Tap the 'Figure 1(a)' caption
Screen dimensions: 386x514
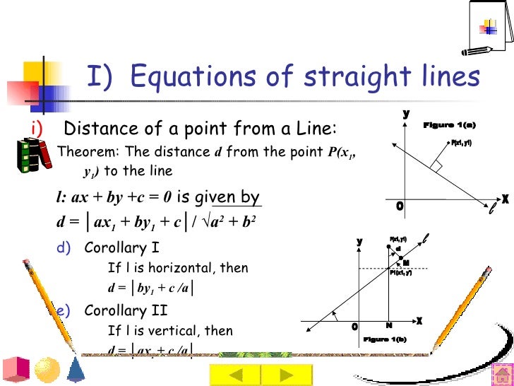click(x=449, y=125)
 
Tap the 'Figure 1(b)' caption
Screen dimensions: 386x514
click(x=385, y=340)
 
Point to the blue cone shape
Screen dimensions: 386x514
click(x=78, y=369)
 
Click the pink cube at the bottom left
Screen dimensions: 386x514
click(x=16, y=369)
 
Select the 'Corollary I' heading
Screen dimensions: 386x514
click(x=122, y=248)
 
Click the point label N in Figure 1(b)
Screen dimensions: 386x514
click(x=388, y=325)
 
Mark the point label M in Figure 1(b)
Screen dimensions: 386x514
click(x=406, y=263)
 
